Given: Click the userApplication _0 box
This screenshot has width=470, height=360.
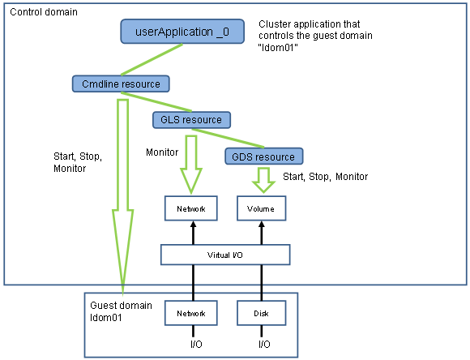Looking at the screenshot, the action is pyautogui.click(x=182, y=32).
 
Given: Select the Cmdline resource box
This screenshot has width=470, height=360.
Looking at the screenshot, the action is pyautogui.click(x=121, y=84).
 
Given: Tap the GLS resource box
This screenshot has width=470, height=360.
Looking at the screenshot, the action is pyautogui.click(x=191, y=120).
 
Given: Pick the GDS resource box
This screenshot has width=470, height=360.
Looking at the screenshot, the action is pyautogui.click(x=264, y=156).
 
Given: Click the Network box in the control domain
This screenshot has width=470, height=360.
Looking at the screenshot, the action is pyautogui.click(x=191, y=208).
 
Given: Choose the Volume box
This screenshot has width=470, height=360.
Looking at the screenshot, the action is pyautogui.click(x=262, y=208).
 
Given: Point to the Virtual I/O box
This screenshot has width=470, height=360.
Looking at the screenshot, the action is pyautogui.click(x=225, y=255).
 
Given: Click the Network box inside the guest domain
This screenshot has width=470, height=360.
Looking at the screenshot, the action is pyautogui.click(x=191, y=313).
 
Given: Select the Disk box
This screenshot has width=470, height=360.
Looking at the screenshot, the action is pyautogui.click(x=262, y=313).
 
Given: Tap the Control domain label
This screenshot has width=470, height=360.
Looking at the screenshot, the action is pyautogui.click(x=44, y=12).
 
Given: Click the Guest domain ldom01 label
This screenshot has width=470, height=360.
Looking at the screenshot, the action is pyautogui.click(x=121, y=311).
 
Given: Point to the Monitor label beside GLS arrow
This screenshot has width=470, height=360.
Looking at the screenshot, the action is pyautogui.click(x=162, y=152).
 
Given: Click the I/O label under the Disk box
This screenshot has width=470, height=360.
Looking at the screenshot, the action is pyautogui.click(x=264, y=344).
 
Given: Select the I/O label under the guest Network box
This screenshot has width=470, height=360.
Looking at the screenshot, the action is pyautogui.click(x=196, y=344).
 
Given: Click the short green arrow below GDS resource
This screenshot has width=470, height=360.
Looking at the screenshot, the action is pyautogui.click(x=263, y=180).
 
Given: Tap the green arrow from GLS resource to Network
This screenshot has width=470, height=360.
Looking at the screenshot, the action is pyautogui.click(x=191, y=165).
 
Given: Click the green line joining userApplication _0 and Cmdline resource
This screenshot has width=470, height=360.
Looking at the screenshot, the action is pyautogui.click(x=152, y=59).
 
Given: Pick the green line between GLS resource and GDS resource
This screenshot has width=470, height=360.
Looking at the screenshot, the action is pyautogui.click(x=228, y=139).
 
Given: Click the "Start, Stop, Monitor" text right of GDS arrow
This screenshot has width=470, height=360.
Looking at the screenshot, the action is pyautogui.click(x=326, y=177).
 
